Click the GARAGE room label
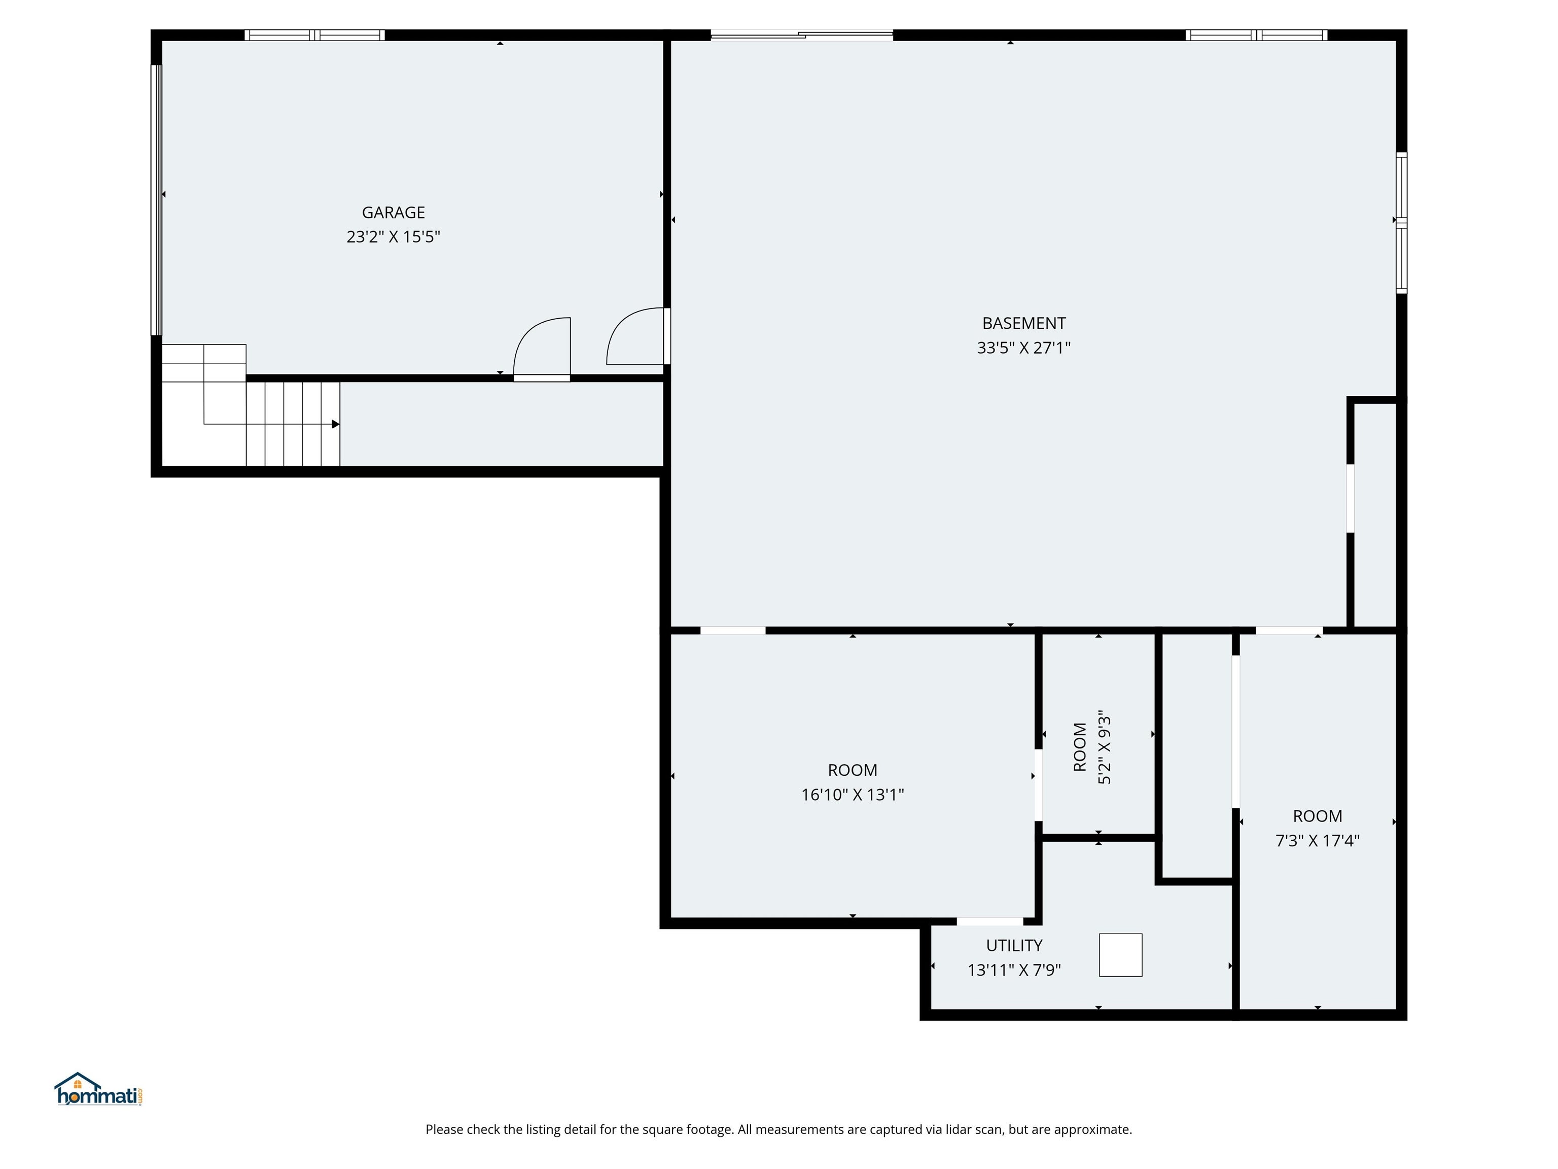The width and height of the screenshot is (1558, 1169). click(x=393, y=212)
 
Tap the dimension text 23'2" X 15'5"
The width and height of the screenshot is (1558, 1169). click(x=393, y=237)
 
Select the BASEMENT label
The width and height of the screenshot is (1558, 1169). click(x=1023, y=323)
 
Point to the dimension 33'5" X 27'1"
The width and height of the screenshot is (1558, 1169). click(x=1023, y=348)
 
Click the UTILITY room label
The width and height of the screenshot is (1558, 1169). click(x=1013, y=946)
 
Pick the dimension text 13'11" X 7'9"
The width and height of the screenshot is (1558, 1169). click(x=1013, y=970)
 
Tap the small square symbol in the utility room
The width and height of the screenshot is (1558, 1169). click(x=1120, y=955)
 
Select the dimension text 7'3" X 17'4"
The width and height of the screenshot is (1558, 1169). click(x=1317, y=841)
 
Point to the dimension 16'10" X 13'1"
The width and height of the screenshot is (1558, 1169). click(x=852, y=795)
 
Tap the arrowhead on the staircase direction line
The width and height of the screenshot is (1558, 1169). click(x=336, y=424)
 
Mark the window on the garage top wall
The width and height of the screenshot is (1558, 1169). click(x=314, y=35)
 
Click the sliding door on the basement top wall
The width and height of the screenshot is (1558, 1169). click(x=801, y=35)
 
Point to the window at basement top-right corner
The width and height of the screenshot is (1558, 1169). click(x=1256, y=35)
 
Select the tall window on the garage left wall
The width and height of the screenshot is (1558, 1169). click(x=156, y=199)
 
